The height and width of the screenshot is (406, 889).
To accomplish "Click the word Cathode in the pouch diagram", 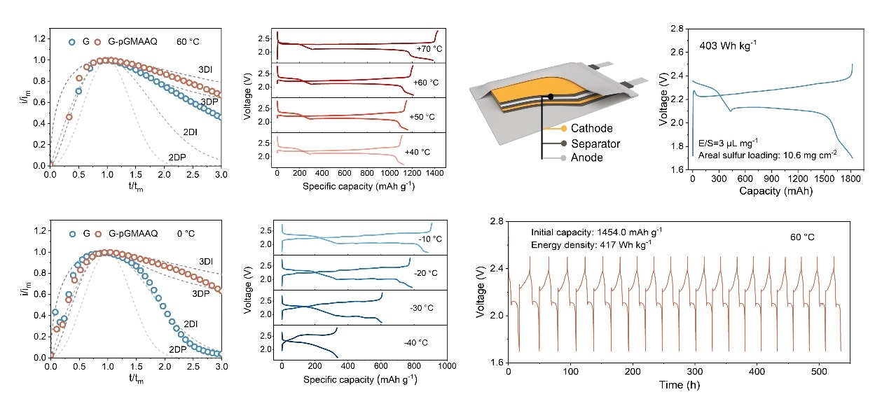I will coord(592,129).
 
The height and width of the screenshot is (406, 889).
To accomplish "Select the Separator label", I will coord(595,143).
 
